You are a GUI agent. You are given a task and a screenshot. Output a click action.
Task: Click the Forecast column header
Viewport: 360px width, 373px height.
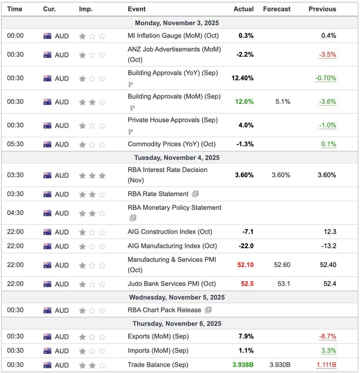pyautogui.click(x=276, y=9)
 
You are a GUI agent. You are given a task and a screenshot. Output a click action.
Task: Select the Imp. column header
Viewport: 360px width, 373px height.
pyautogui.click(x=85, y=9)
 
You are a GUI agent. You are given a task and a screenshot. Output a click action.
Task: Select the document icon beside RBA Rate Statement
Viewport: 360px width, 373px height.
pyautogui.click(x=195, y=194)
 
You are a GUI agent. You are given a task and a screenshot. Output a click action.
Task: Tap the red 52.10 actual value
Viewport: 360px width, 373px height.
pyautogui.click(x=245, y=265)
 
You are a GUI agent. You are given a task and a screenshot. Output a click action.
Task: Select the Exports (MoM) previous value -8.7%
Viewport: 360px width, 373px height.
pyautogui.click(x=327, y=336)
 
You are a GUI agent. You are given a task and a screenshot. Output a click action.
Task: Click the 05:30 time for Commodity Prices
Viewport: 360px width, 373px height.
pyautogui.click(x=15, y=144)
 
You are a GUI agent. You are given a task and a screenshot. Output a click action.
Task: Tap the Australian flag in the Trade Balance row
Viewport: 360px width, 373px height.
pyautogui.click(x=48, y=365)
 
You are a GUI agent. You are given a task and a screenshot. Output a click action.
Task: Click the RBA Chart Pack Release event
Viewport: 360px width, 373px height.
pyautogui.click(x=164, y=310)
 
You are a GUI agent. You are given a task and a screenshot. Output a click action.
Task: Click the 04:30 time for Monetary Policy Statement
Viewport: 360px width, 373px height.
pyautogui.click(x=15, y=213)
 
